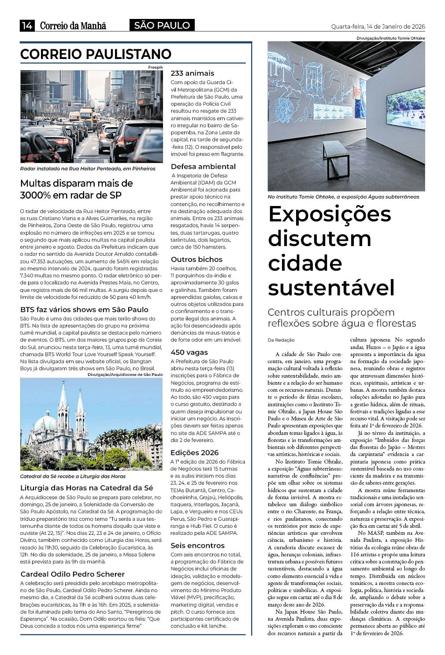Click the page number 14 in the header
tap(27, 26)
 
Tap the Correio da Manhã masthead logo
tap(73, 26)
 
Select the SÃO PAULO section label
tap(162, 26)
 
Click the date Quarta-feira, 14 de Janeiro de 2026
tap(378, 26)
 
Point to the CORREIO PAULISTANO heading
tap(96, 54)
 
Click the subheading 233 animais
tap(192, 73)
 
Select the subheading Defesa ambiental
tap(203, 166)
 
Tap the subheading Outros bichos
tap(197, 259)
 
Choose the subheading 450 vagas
tap(189, 352)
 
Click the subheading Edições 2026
tap(194, 453)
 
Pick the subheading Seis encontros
tap(197, 545)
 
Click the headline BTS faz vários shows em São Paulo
tap(84, 309)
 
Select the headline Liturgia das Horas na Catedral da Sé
tap(86, 488)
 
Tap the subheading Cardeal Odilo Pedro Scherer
tap(72, 574)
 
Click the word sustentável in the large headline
tap(331, 287)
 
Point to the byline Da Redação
tap(281, 340)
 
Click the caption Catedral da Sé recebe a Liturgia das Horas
tap(73, 476)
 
